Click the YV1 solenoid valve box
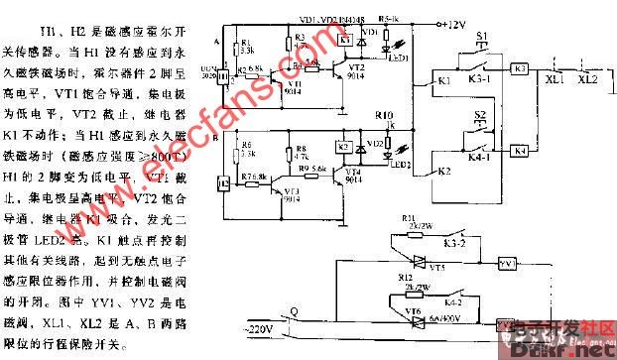click(508, 264)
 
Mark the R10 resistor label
click(384, 117)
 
